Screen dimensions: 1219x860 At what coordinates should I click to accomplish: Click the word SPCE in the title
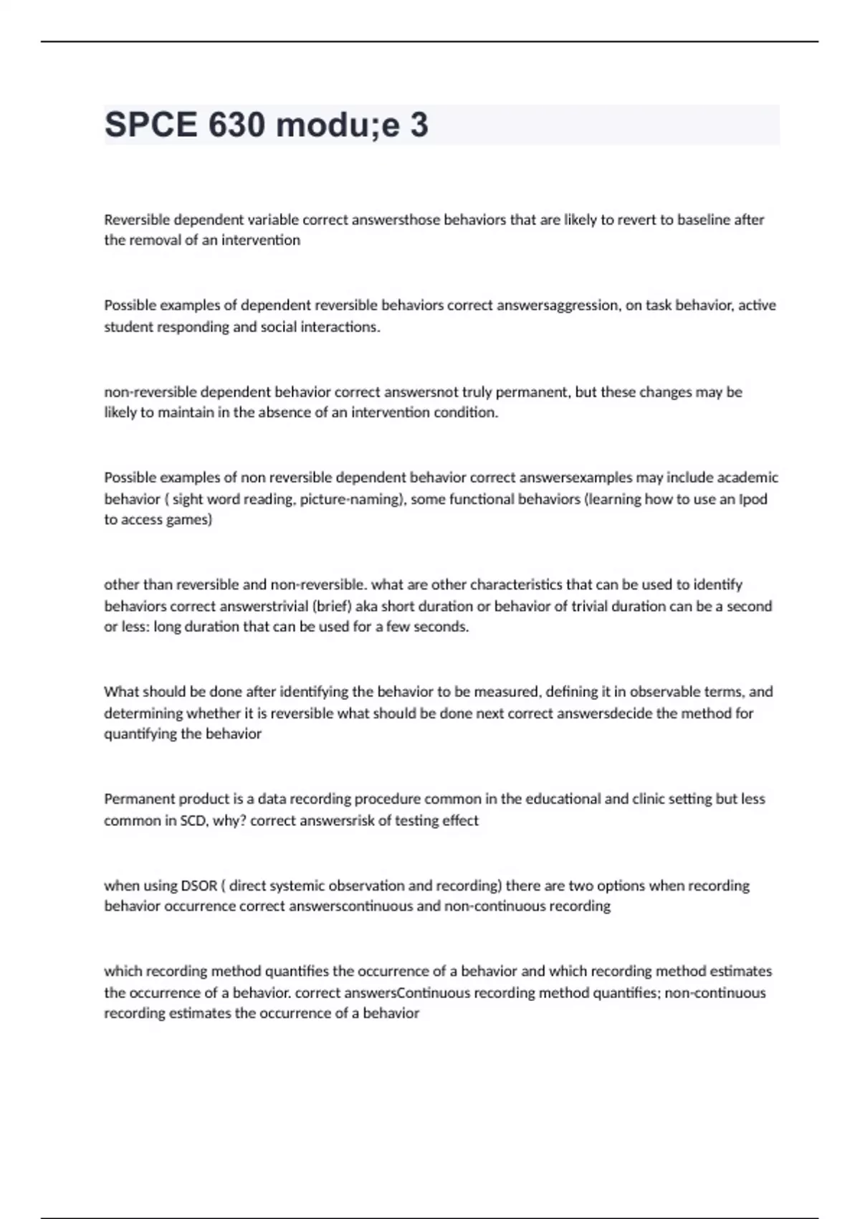[x=150, y=125]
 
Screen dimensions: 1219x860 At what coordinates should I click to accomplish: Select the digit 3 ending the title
[x=419, y=125]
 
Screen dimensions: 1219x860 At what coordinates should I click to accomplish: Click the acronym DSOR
[x=199, y=886]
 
